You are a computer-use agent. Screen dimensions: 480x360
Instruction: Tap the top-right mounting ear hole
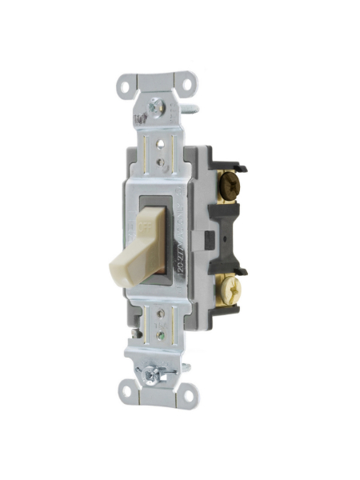[x=189, y=82]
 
